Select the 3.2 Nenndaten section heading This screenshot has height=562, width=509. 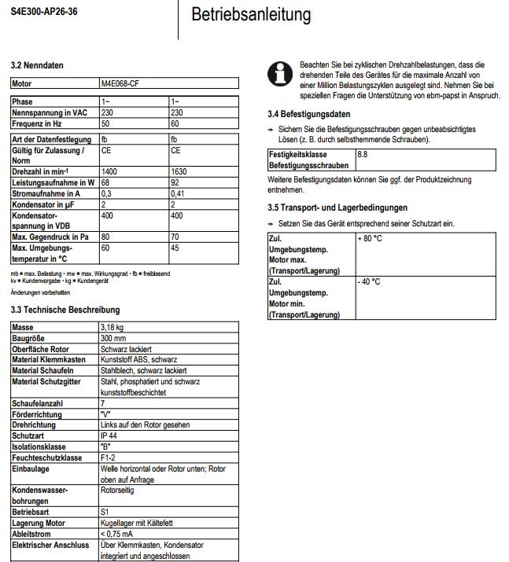click(x=37, y=65)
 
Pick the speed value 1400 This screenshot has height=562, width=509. click(x=109, y=171)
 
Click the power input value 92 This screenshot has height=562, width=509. click(x=175, y=182)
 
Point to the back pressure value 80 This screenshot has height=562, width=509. click(x=105, y=237)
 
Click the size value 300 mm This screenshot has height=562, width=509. click(x=114, y=337)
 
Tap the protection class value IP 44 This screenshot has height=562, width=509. click(x=109, y=435)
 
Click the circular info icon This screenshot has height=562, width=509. click(x=278, y=74)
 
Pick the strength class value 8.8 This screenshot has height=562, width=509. click(x=363, y=156)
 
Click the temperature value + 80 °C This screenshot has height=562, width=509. click(x=371, y=237)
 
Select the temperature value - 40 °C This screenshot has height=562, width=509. click(x=369, y=281)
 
